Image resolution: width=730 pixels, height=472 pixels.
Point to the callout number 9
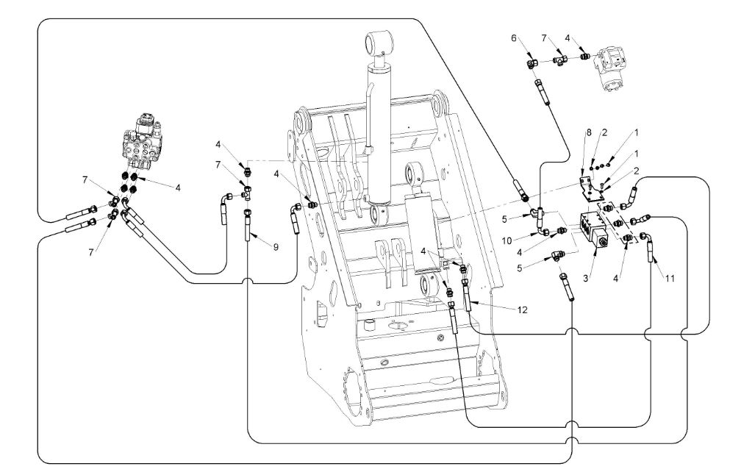pyautogui.click(x=276, y=247)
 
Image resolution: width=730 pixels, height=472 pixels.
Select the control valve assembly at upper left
pyautogui.click(x=146, y=137)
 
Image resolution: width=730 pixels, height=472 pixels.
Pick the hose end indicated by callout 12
pyautogui.click(x=468, y=294)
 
